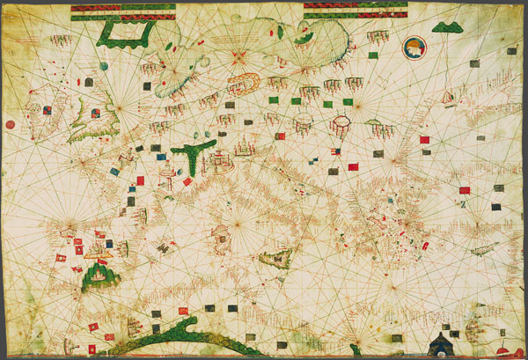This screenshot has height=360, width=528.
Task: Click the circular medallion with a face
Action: (413, 48)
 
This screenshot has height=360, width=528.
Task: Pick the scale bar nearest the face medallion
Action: (355, 9)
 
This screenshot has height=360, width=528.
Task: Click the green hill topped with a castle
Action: (100, 276)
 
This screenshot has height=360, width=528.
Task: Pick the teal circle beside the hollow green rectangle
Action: (104, 66)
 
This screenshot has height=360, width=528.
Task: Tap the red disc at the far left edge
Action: (9, 125)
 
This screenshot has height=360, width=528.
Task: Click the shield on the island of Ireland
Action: (46, 111)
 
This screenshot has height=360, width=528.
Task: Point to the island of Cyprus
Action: (483, 249)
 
